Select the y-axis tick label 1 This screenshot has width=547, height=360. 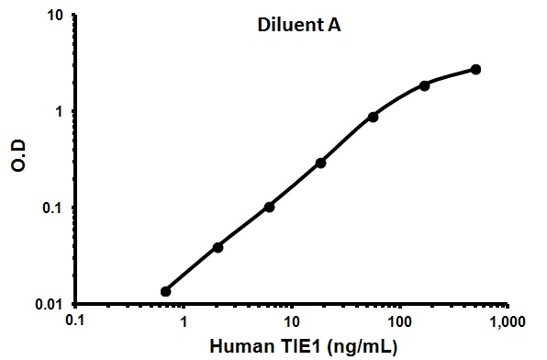click(59, 112)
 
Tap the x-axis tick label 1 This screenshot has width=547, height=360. click(184, 323)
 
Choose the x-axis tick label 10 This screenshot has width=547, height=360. click(292, 323)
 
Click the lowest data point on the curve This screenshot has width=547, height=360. click(166, 291)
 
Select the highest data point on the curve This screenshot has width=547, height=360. click(475, 70)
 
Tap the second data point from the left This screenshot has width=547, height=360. click(218, 247)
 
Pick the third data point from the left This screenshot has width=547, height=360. click(269, 207)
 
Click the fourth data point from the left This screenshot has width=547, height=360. click(320, 163)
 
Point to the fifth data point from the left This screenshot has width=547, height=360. click(373, 117)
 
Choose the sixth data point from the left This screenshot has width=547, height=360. click(424, 85)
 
